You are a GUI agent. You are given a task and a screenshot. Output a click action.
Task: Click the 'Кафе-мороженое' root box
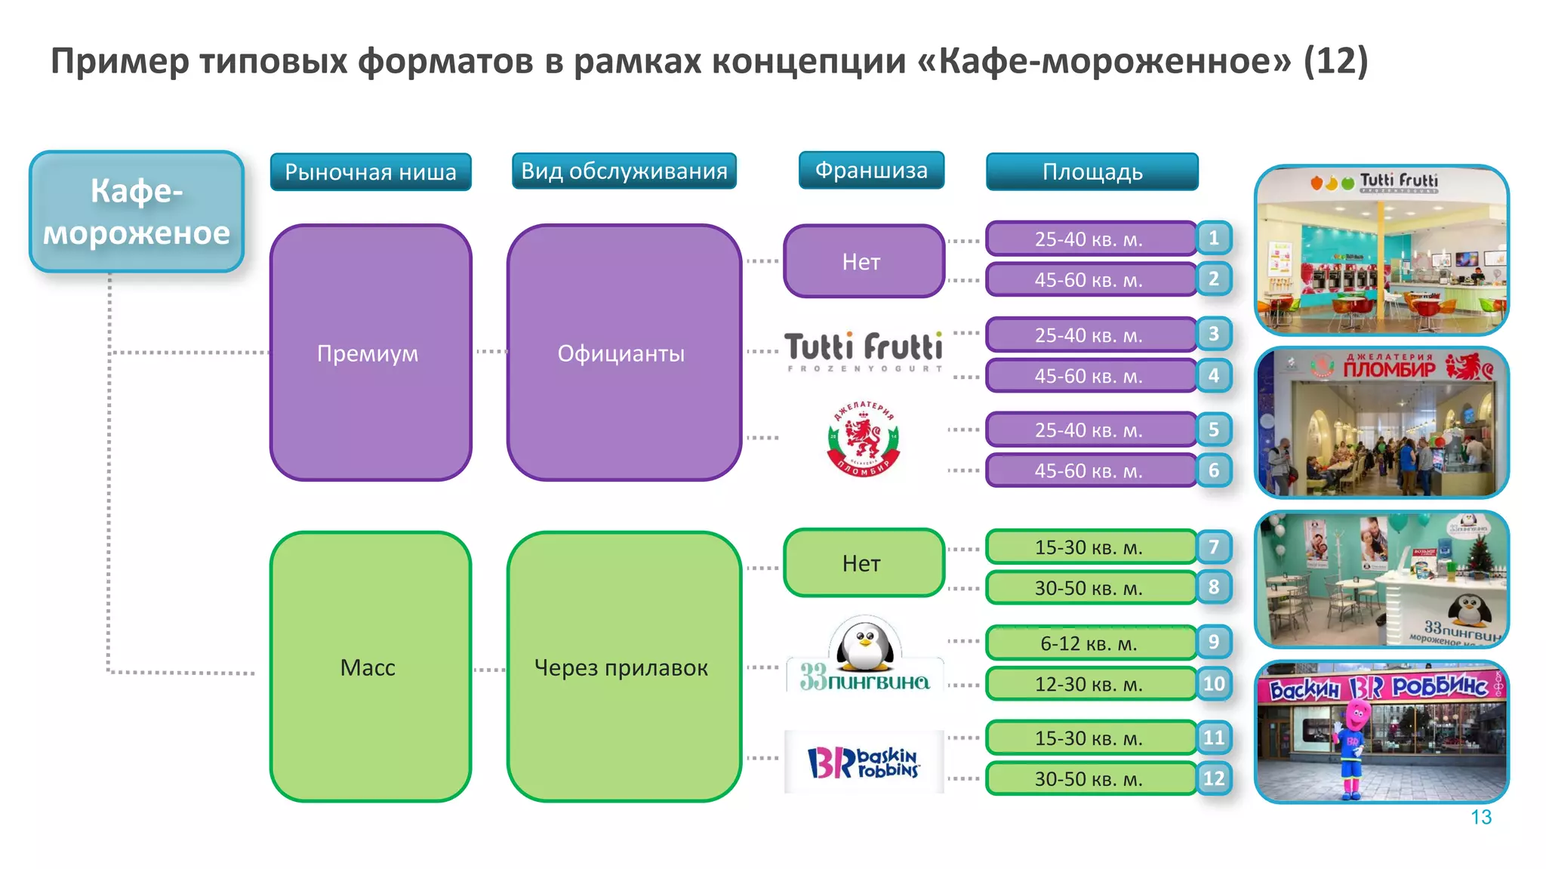click(137, 211)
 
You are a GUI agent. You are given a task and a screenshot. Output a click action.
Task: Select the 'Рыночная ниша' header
click(371, 172)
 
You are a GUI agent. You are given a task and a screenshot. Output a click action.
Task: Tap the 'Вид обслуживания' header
click(624, 171)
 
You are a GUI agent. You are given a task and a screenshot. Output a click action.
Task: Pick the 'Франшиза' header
click(871, 170)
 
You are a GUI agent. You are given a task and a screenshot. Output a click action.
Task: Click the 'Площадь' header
click(1092, 172)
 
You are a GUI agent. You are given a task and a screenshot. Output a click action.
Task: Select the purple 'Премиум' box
click(370, 353)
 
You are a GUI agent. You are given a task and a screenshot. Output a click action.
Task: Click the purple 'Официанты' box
click(623, 353)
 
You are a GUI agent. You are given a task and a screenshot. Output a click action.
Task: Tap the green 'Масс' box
click(370, 667)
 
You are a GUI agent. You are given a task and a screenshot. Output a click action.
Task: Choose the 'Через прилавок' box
click(623, 667)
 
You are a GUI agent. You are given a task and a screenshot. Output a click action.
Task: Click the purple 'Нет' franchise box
click(863, 261)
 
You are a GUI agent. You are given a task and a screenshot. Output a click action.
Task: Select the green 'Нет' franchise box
click(863, 563)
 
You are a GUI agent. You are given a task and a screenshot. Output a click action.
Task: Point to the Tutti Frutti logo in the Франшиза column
click(864, 350)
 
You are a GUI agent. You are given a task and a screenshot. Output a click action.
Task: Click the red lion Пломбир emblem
click(864, 438)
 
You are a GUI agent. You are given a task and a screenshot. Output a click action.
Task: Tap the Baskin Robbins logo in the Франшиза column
click(864, 762)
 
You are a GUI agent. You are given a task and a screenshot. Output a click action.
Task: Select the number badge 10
click(1214, 684)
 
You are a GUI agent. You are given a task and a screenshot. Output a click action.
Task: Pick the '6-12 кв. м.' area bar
click(1090, 643)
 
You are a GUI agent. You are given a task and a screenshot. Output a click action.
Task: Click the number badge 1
click(1214, 238)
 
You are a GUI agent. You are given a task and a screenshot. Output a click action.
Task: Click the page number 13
click(1480, 817)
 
